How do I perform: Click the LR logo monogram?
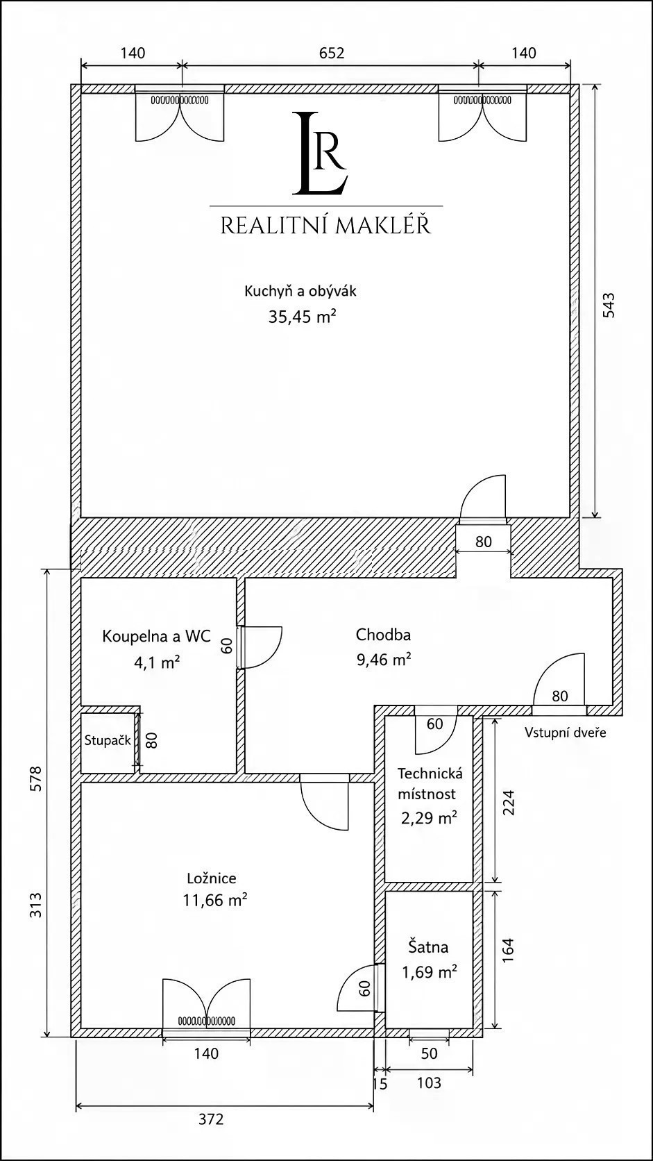pos(320,153)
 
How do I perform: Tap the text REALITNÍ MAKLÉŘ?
pos(326,226)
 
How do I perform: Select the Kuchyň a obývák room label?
pos(300,291)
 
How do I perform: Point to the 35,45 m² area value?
pos(300,317)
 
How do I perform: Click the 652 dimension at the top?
pos(332,53)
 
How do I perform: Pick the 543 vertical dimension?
pos(609,306)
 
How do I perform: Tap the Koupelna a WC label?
pos(156,636)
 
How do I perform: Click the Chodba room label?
pos(383,635)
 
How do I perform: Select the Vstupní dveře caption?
pos(565,733)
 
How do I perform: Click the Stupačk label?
pos(108,740)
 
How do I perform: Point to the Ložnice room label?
pos(211,878)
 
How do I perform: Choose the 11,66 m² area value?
pos(214,901)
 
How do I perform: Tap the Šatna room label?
pos(428,947)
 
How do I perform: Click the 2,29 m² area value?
pos(429,818)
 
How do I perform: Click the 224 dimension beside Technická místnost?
pos(509,802)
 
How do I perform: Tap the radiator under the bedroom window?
pos(207,1021)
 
